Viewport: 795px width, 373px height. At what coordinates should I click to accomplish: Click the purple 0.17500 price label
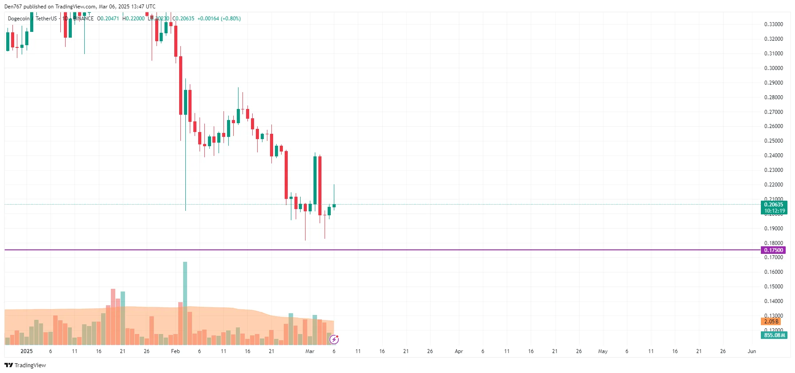[x=773, y=250]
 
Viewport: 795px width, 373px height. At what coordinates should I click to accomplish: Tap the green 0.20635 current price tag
[x=774, y=205]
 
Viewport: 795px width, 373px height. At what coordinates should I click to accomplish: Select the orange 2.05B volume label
[x=771, y=322]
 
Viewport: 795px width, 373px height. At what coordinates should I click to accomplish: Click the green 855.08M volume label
[x=774, y=335]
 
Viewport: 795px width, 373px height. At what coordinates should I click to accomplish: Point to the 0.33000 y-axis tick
[x=773, y=24]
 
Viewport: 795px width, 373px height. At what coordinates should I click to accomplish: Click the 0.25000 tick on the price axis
[x=773, y=141]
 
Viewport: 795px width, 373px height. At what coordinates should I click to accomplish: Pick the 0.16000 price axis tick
[x=773, y=272]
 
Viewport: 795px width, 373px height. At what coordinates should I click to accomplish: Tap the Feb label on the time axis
[x=176, y=351]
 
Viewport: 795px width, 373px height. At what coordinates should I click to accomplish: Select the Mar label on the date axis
[x=310, y=351]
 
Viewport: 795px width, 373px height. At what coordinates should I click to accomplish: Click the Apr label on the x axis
[x=459, y=351]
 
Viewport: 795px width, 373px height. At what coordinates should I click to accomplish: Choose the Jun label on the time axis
[x=752, y=351]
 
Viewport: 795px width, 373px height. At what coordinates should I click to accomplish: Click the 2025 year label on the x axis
[x=27, y=351]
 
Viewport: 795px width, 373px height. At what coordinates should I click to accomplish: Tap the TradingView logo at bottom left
[x=25, y=365]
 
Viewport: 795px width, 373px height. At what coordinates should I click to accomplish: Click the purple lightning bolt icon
[x=334, y=340]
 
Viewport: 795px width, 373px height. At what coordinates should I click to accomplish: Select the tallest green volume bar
[x=185, y=303]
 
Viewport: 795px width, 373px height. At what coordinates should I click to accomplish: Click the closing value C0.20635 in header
[x=183, y=19]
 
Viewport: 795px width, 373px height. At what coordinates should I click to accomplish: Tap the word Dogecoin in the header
[x=19, y=19]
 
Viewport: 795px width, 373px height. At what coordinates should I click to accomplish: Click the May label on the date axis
[x=603, y=351]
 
